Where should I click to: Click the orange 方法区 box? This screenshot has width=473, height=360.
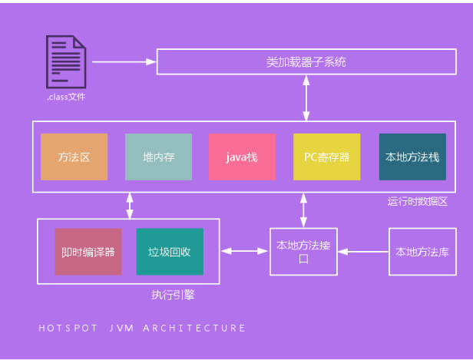[x=74, y=157]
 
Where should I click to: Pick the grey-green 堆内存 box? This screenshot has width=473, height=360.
[x=159, y=157]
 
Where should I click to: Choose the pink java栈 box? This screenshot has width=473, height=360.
[x=242, y=157]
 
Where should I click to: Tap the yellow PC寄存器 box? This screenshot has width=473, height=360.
[x=326, y=157]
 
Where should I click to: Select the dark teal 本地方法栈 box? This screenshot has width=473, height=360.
[x=412, y=157]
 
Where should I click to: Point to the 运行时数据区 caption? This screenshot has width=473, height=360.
[x=417, y=202]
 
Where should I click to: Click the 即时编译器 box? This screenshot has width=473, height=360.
[x=88, y=251]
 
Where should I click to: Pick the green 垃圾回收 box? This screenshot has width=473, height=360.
[x=170, y=251]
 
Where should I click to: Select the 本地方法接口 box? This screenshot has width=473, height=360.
[x=303, y=252]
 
